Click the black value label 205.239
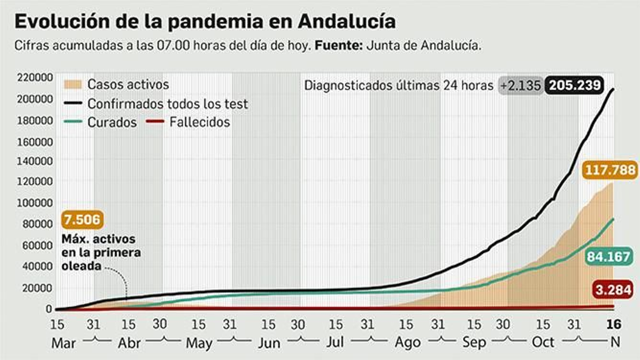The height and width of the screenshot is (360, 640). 575,85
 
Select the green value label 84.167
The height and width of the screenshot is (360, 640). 608,256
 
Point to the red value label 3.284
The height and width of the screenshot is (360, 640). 613,289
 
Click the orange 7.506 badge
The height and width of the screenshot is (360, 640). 82,220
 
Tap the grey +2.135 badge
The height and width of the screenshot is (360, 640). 520,85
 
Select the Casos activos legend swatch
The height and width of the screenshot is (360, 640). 72,84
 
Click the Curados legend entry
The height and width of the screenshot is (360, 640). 112,122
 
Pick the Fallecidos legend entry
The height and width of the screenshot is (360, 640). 199,122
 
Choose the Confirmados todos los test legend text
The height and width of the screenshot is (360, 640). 168,104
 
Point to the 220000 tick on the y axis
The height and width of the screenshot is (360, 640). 35,77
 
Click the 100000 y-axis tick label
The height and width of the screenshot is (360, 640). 35,203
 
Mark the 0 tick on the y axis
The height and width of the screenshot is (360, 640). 49,309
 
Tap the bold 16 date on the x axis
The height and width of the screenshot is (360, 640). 613,324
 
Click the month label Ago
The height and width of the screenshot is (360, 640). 407,342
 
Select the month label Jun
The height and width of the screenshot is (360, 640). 269,343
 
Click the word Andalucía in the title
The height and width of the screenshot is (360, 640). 346,21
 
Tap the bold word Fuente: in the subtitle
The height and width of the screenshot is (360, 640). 338,45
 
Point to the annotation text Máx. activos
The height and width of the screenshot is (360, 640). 98,239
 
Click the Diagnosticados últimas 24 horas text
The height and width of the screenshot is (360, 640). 398,85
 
